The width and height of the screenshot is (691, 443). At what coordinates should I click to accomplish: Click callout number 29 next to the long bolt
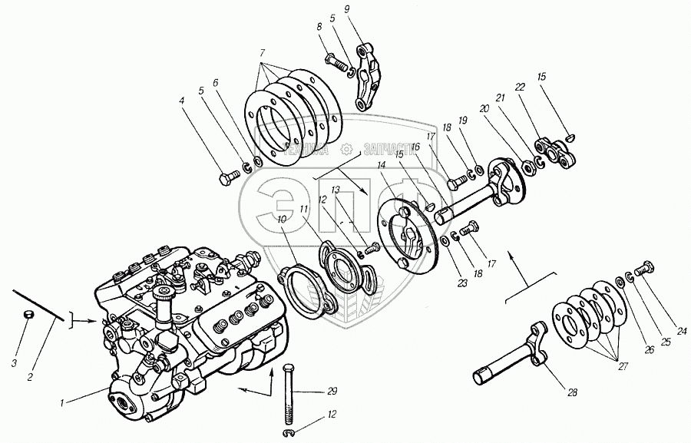coord(332,392)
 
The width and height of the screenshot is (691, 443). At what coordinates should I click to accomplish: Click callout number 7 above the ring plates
coord(263,53)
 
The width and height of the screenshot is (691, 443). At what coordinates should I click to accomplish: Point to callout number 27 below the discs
coord(623,367)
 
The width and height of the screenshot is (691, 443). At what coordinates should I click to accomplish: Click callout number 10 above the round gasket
coord(282,219)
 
